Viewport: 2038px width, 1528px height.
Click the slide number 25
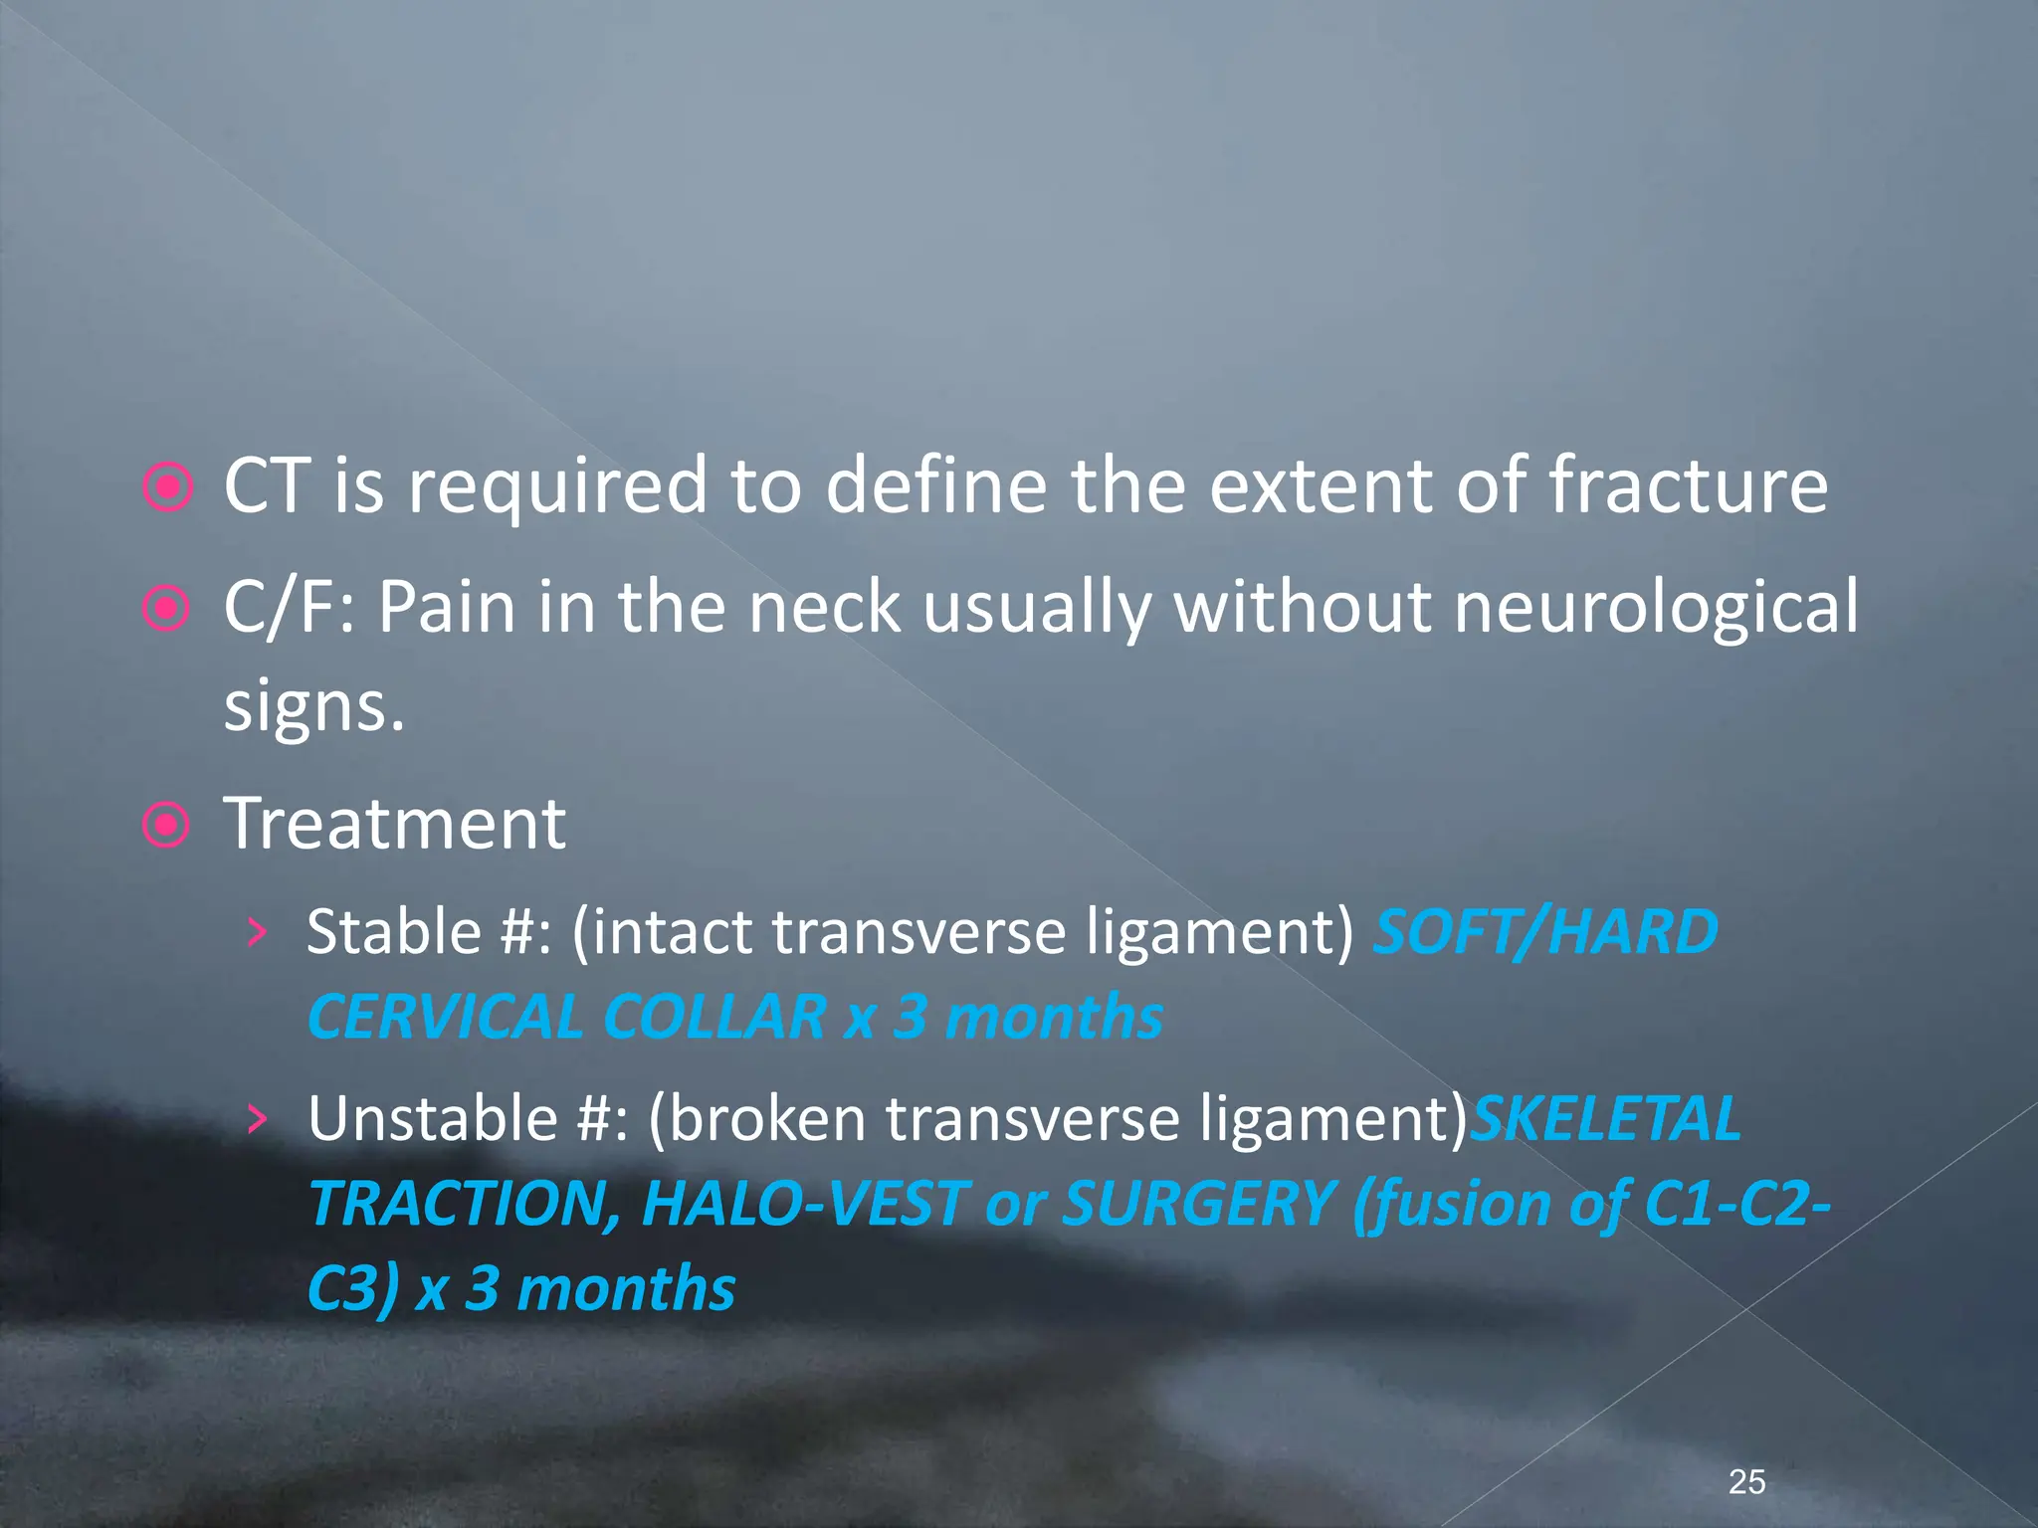[x=1746, y=1481]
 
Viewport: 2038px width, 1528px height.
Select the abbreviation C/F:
[x=289, y=607]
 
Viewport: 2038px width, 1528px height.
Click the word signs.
[x=313, y=707]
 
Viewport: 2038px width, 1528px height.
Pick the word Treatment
[x=395, y=824]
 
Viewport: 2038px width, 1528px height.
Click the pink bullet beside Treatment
[x=166, y=826]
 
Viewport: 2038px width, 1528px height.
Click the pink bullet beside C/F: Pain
[x=166, y=608]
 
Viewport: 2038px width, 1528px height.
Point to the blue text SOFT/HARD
[x=1545, y=932]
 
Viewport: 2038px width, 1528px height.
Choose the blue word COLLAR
[x=714, y=1018]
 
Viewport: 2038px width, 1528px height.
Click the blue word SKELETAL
[x=1605, y=1118]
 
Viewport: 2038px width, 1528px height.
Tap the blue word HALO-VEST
[x=804, y=1204]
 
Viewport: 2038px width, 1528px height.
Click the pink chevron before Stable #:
[x=258, y=933]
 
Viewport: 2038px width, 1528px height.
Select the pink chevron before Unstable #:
[x=258, y=1119]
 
